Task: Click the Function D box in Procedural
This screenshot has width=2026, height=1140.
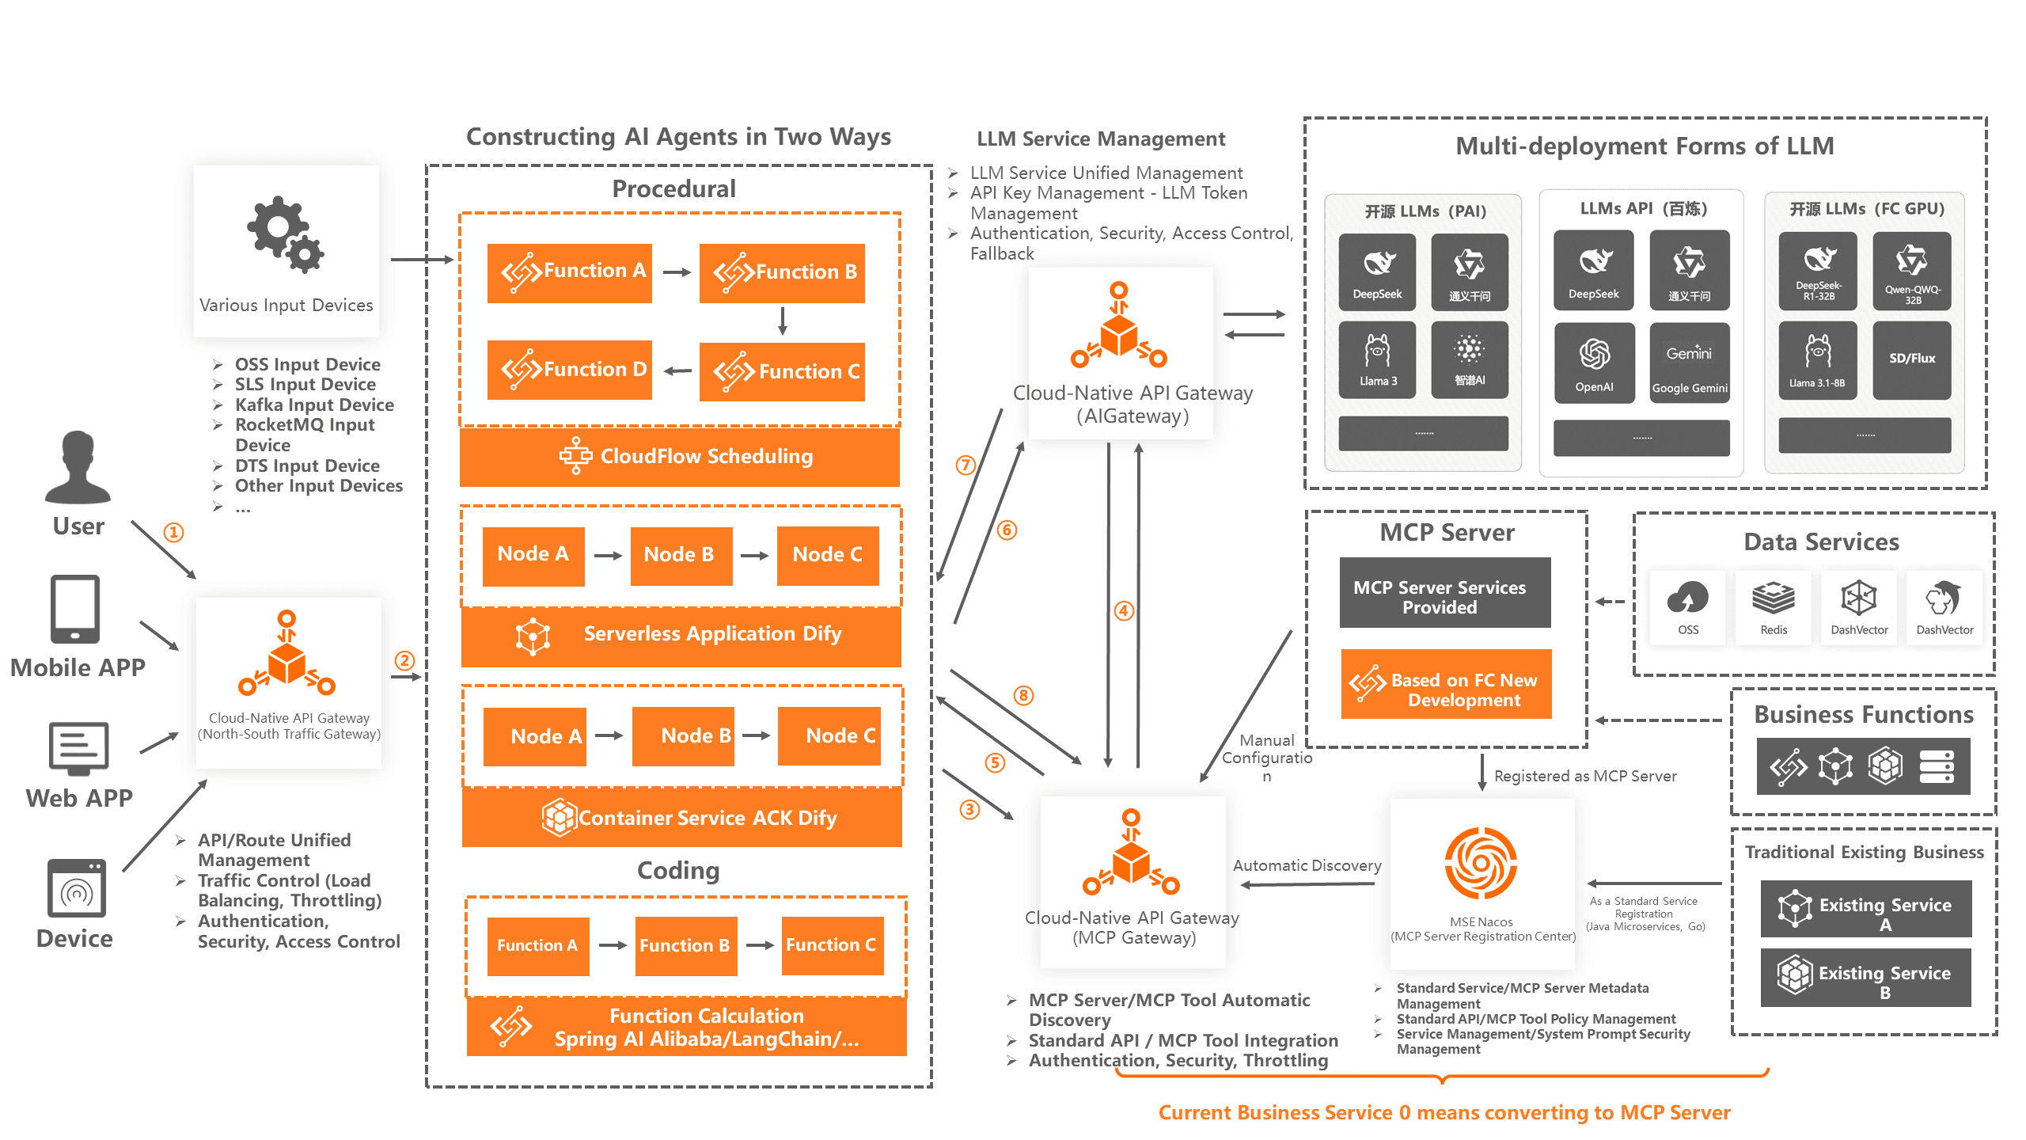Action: (x=570, y=370)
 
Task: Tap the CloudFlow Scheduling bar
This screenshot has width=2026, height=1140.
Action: (x=680, y=457)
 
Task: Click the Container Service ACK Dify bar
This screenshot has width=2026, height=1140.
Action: (x=682, y=818)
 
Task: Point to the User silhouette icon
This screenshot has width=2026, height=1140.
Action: (x=78, y=467)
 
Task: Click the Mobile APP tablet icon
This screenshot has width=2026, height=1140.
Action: (x=75, y=609)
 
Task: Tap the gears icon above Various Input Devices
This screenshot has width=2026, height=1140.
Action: (x=286, y=234)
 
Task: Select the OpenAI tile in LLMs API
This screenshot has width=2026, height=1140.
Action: (x=1594, y=362)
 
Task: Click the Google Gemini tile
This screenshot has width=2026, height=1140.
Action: (x=1690, y=362)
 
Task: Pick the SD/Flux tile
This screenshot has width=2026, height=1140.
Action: (x=1912, y=360)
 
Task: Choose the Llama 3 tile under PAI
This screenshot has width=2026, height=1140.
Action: (x=1378, y=359)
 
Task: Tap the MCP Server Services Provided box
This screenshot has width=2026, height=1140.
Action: (x=1445, y=593)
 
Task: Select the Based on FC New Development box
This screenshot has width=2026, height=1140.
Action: (x=1447, y=684)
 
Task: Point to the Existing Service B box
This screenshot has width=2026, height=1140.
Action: (x=1866, y=978)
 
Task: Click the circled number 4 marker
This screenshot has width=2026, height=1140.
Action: (x=1124, y=610)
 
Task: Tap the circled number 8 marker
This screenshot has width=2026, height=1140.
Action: (x=1023, y=695)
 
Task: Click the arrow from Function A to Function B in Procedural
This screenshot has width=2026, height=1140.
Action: (x=677, y=272)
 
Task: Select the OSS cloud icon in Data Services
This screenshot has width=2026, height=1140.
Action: (x=1688, y=598)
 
